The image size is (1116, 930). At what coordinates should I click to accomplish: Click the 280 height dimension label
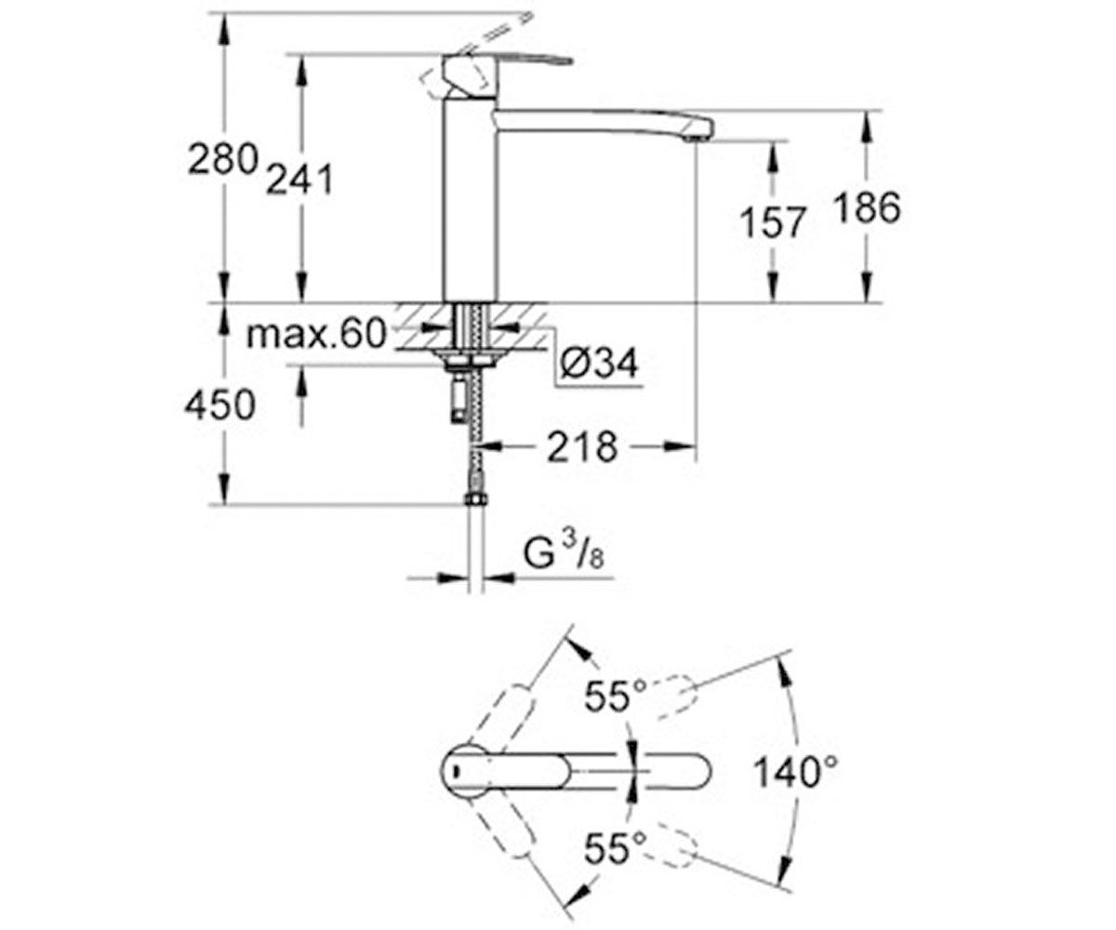(x=222, y=159)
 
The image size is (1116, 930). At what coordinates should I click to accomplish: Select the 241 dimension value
(x=299, y=179)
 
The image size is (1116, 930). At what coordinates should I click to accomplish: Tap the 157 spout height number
(x=772, y=222)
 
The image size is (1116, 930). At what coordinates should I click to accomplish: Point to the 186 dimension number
(x=867, y=207)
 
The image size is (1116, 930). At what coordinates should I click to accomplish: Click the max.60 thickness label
(x=315, y=334)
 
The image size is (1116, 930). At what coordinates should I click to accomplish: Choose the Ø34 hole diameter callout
(x=599, y=363)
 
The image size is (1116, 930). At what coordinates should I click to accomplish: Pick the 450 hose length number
(x=219, y=405)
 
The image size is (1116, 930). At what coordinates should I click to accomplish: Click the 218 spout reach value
(x=582, y=446)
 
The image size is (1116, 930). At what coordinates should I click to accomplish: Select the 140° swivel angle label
(x=795, y=772)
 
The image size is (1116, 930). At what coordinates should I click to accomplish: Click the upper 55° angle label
(x=616, y=696)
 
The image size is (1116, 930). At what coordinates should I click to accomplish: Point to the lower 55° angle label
(x=616, y=848)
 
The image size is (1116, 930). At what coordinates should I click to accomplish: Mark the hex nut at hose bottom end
(x=475, y=499)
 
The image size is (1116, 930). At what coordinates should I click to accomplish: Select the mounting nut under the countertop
(x=471, y=363)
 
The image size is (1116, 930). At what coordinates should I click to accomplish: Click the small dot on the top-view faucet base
(x=455, y=772)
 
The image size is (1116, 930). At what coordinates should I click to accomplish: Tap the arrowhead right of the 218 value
(x=679, y=446)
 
